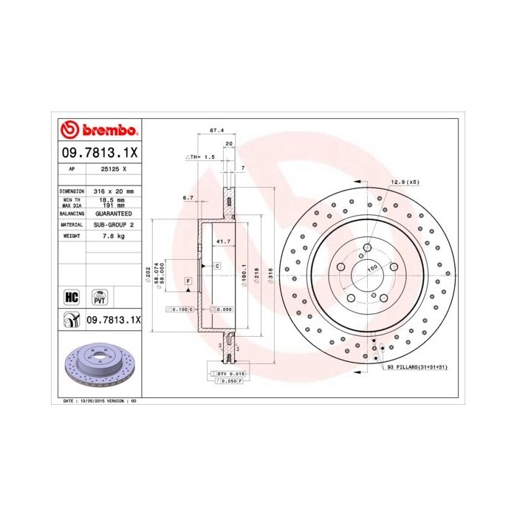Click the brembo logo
[x=97, y=130]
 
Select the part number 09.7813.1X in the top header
[x=97, y=152]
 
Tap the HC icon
[x=72, y=297]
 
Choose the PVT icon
[x=98, y=297]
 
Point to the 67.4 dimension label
[x=216, y=130]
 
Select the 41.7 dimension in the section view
[x=219, y=242]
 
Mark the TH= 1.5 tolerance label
[x=199, y=157]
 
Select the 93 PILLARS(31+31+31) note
[x=417, y=366]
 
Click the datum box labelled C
[x=217, y=265]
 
